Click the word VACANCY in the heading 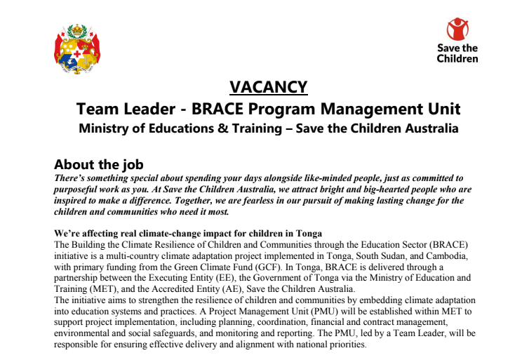(269, 87)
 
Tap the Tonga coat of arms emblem (76, 49)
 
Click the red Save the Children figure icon (457, 29)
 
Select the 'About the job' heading (99, 165)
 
